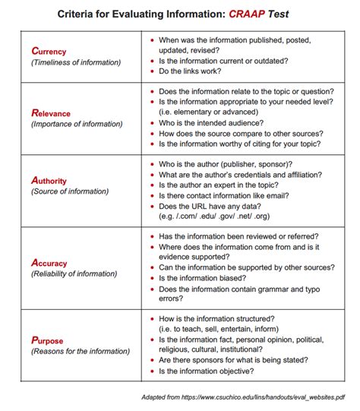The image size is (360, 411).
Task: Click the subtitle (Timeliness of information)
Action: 71,62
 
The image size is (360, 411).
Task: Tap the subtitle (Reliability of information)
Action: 74,274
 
